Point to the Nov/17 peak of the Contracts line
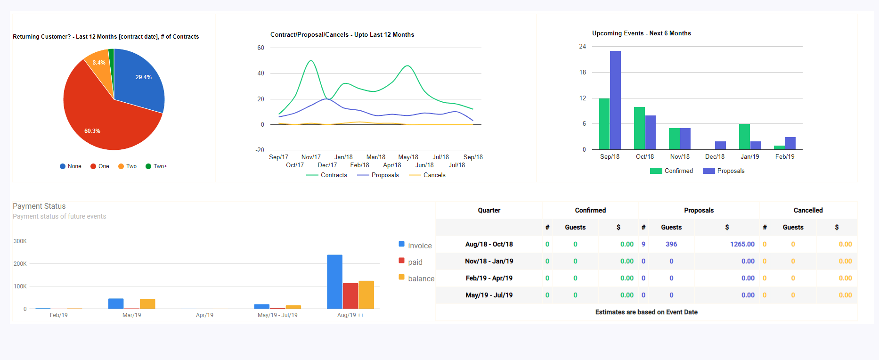(x=310, y=61)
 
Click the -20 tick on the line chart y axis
(x=260, y=150)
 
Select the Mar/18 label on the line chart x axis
(x=375, y=157)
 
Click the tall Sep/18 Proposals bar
(x=615, y=100)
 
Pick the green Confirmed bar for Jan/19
(x=744, y=137)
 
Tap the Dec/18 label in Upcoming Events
(x=715, y=157)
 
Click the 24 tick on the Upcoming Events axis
(x=583, y=46)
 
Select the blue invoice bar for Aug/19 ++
(x=334, y=282)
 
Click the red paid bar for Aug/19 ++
(x=350, y=296)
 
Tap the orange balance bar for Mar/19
(x=147, y=304)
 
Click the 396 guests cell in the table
(x=671, y=244)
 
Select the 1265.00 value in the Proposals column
(x=742, y=244)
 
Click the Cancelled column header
(x=808, y=210)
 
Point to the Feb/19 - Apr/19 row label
(x=489, y=278)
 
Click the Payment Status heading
(x=39, y=206)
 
